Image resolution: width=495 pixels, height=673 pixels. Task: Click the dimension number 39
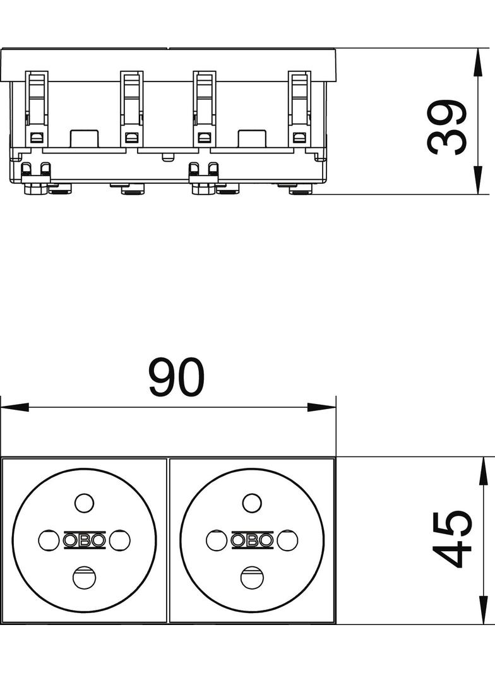point(446,128)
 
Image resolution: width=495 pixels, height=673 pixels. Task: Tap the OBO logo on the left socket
point(84,540)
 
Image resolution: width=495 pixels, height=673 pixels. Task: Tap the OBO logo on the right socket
point(252,540)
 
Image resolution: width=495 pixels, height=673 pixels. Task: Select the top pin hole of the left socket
point(84,503)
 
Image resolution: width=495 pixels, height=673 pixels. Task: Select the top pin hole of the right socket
point(252,503)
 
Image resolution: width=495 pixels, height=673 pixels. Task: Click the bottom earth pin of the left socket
point(84,578)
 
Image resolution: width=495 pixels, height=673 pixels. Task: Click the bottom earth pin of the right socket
point(252,578)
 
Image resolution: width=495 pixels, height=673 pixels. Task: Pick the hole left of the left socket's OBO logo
point(49,540)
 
